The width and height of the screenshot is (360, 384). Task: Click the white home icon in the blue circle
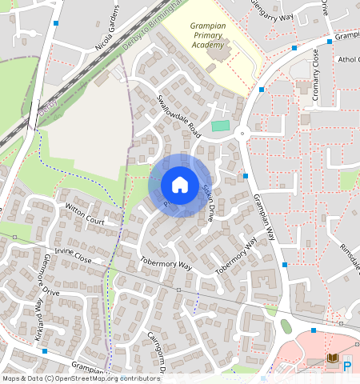click(180, 185)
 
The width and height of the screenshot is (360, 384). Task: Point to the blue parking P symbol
click(347, 366)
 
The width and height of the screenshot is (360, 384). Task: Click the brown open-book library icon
click(332, 359)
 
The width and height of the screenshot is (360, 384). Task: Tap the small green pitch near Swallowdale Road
click(220, 126)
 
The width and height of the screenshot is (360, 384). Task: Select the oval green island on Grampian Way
click(286, 326)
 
